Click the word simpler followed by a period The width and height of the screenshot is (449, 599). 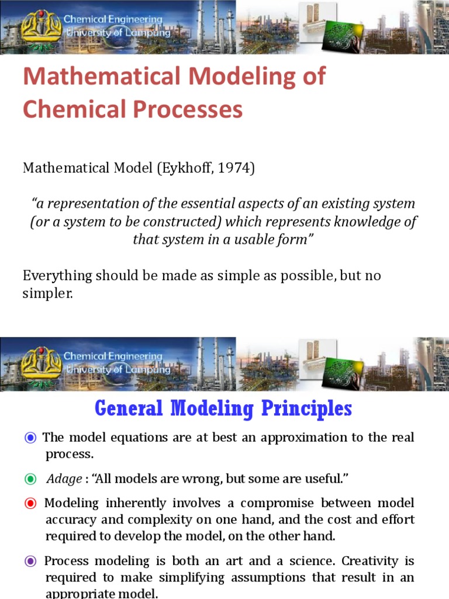click(x=47, y=294)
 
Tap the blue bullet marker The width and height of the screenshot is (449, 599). click(x=30, y=438)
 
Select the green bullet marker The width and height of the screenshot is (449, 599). click(x=30, y=479)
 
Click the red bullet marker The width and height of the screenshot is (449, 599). click(x=30, y=503)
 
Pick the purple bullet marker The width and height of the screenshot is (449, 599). click(x=30, y=561)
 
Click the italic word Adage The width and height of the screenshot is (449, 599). click(x=64, y=479)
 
